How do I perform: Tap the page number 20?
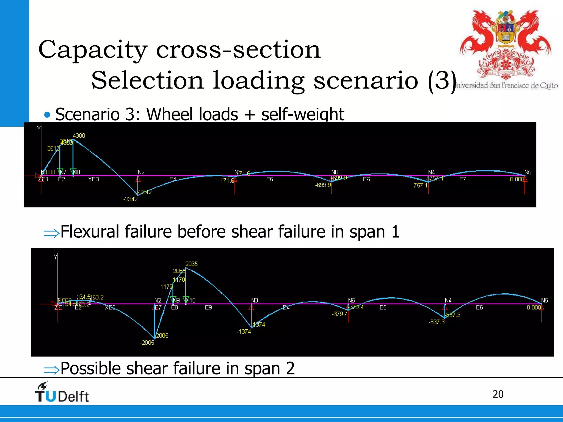pyautogui.click(x=498, y=394)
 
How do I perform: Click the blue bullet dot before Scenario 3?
pyautogui.click(x=47, y=115)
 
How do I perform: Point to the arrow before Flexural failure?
pyautogui.click(x=51, y=233)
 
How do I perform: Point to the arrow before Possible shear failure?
pyautogui.click(x=51, y=370)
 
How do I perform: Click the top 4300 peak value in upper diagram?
pyautogui.click(x=79, y=135)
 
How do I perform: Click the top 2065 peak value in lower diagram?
pyautogui.click(x=191, y=264)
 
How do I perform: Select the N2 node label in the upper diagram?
pyautogui.click(x=141, y=172)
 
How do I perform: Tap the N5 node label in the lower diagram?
pyautogui.click(x=544, y=300)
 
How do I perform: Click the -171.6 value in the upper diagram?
pyautogui.click(x=226, y=181)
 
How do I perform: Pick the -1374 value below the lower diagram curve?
pyautogui.click(x=244, y=332)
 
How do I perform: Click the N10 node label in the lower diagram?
pyautogui.click(x=191, y=300)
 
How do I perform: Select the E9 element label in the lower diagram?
pyautogui.click(x=208, y=307)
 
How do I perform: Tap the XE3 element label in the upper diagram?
pyautogui.click(x=93, y=179)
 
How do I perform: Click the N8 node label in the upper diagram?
pyautogui.click(x=76, y=172)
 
